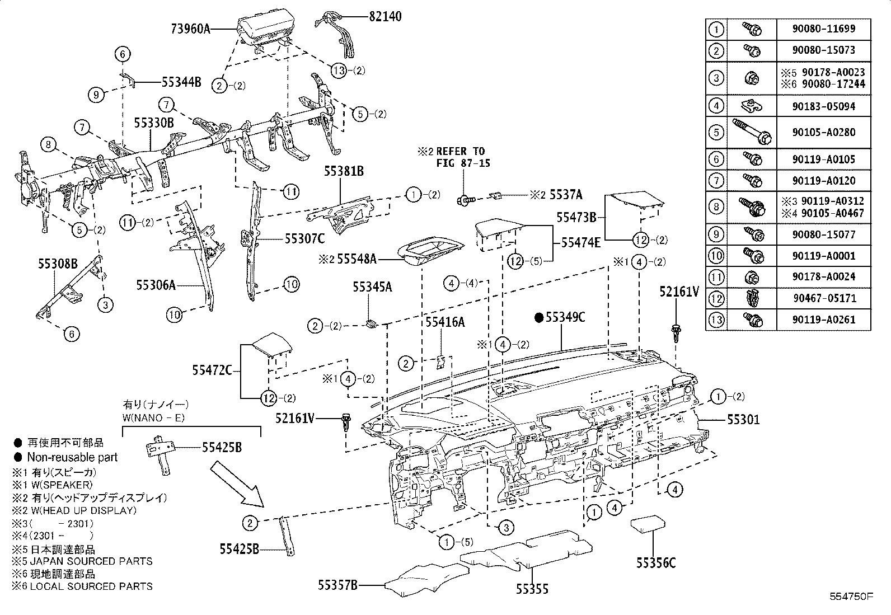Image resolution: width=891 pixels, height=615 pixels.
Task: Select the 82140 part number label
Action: coord(385,17)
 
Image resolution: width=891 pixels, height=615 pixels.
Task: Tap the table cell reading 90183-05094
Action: coord(824,106)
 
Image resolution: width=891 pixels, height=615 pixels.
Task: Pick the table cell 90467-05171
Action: coord(824,298)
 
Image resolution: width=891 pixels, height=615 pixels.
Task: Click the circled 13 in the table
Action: coord(716,320)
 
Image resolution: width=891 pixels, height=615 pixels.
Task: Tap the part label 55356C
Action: coord(655,563)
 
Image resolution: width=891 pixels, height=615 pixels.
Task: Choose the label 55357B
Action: coord(337,585)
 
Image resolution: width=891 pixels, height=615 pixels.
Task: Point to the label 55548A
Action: coord(357,259)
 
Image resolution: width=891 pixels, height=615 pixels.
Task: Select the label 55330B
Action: coord(154,122)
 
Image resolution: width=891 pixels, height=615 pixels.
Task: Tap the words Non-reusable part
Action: coord(73,457)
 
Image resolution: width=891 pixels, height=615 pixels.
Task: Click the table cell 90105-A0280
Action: coord(824,133)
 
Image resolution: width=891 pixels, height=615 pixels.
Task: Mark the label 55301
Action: coord(743,419)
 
